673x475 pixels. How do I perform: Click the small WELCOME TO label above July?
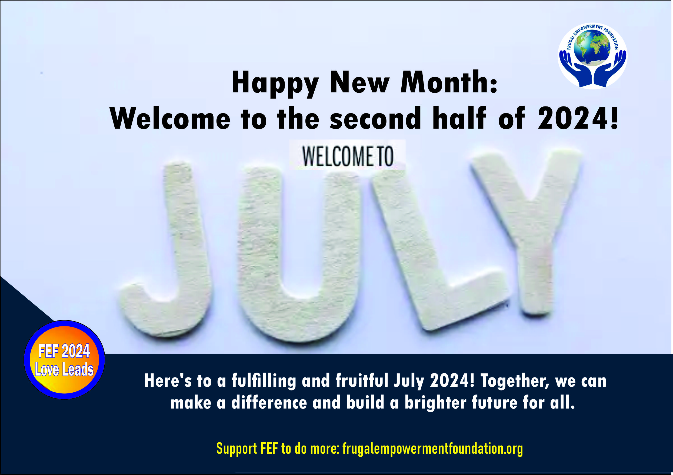tap(348, 156)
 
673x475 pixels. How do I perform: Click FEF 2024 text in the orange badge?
tap(64, 351)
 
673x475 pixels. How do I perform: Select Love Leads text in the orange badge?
tap(64, 369)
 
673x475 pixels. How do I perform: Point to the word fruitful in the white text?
tap(362, 380)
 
